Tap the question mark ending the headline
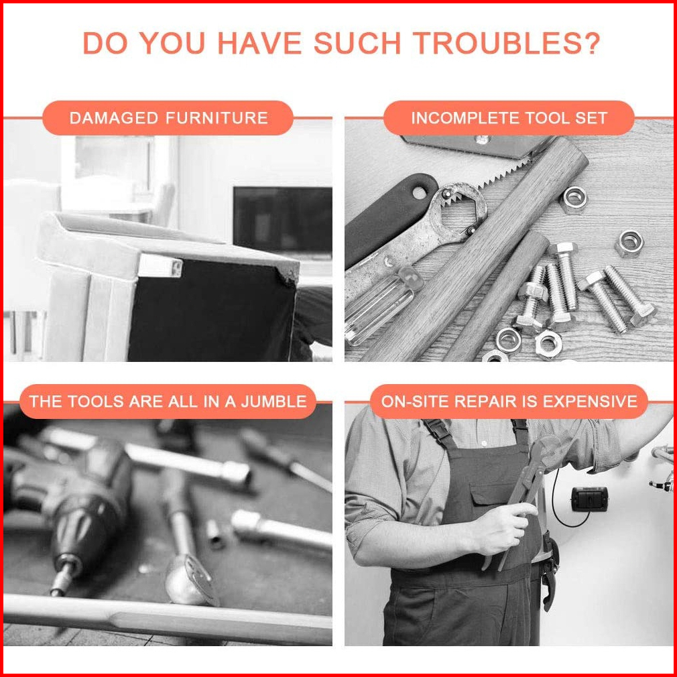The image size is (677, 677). point(590,43)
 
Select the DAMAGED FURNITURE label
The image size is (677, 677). point(168,118)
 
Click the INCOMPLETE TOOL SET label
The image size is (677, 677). point(509,118)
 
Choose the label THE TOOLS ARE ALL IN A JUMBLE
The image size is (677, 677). point(168,402)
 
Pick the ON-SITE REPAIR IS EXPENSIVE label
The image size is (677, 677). point(509,402)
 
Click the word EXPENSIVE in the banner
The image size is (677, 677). point(590,402)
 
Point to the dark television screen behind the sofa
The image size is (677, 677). point(283,221)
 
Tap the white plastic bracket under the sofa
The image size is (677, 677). point(160,265)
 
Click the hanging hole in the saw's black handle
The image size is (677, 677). point(419,192)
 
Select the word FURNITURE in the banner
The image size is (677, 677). point(218,118)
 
